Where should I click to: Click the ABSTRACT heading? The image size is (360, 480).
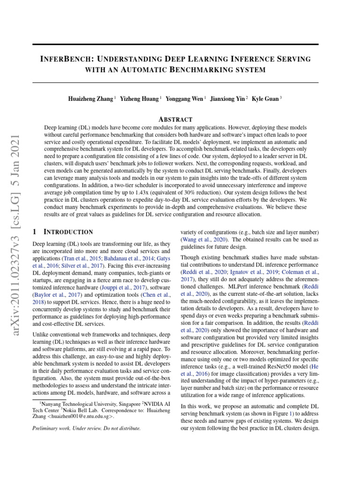[x=175, y=120]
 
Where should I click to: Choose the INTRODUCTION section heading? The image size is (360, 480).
[x=68, y=232]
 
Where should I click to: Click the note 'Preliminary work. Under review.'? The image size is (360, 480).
[x=86, y=428]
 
